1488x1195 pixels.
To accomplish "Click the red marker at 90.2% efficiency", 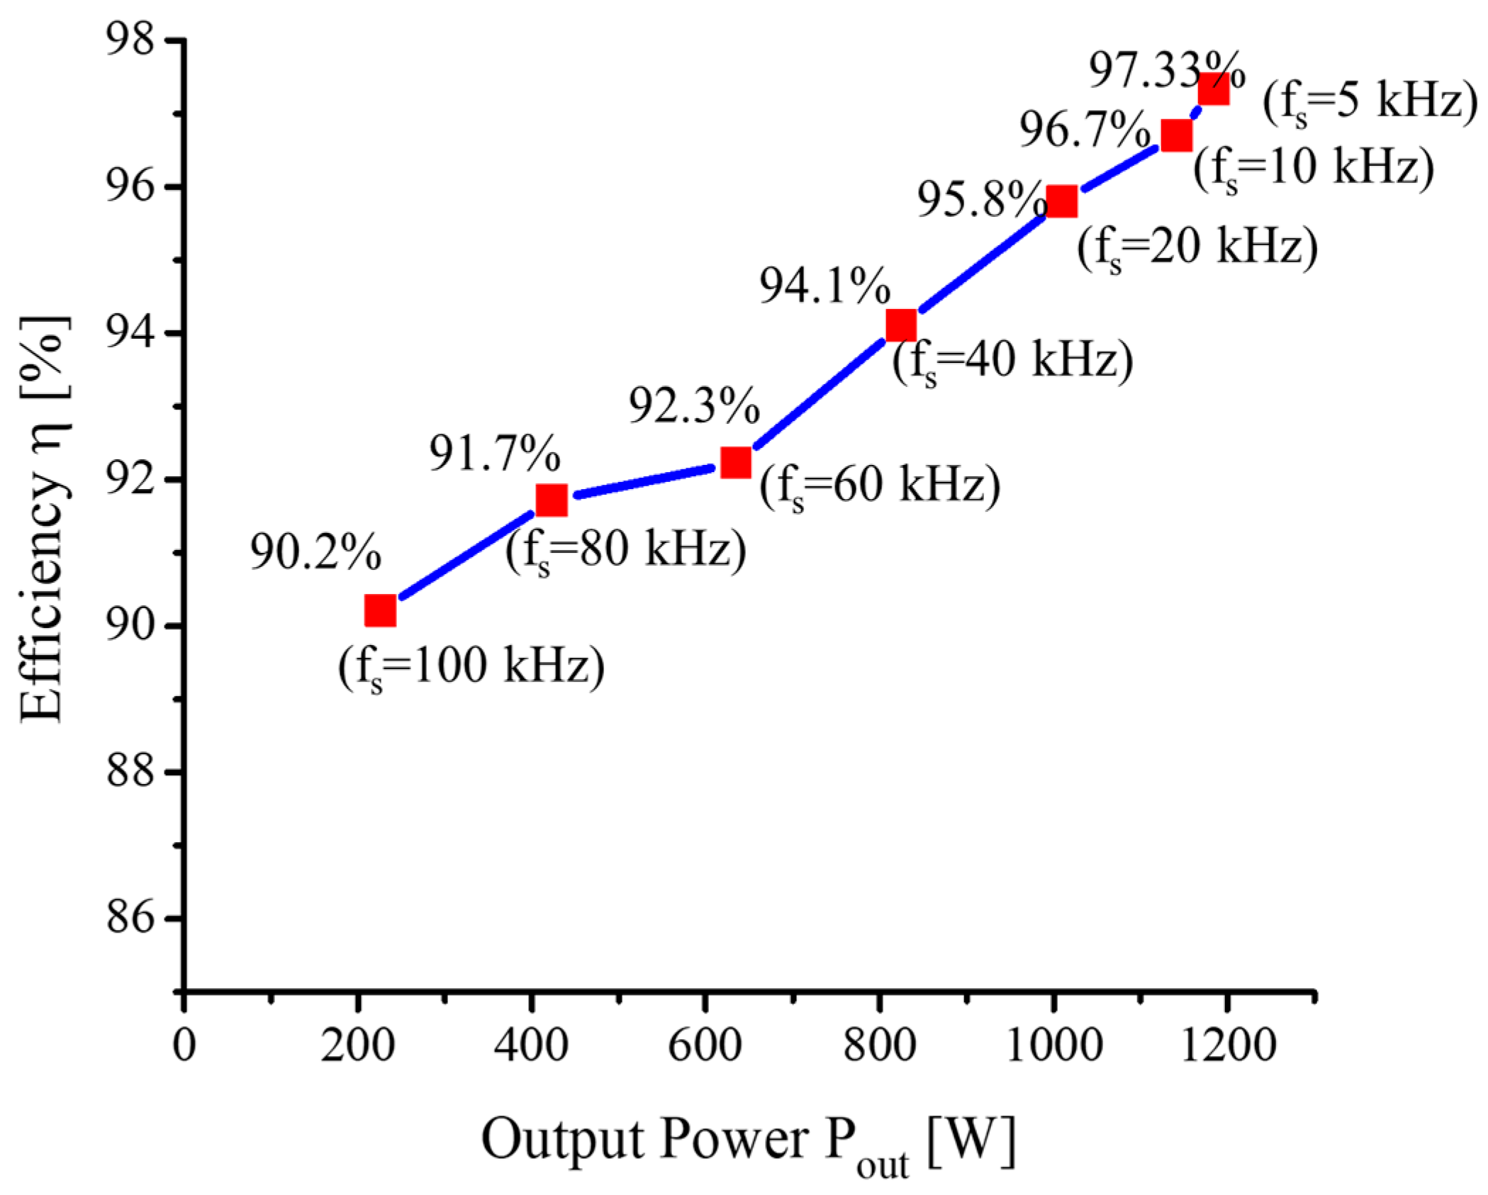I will pyautogui.click(x=380, y=610).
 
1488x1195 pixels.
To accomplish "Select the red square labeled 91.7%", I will pyautogui.click(x=552, y=500).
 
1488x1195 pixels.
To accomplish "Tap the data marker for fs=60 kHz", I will pyautogui.click(x=736, y=463).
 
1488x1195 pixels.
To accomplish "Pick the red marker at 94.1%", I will pyautogui.click(x=901, y=325).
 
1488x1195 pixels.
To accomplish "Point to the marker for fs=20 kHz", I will pyautogui.click(x=1062, y=201).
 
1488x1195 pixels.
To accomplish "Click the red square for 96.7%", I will pyautogui.click(x=1176, y=135).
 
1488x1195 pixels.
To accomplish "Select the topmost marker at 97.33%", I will pyautogui.click(x=1213, y=90).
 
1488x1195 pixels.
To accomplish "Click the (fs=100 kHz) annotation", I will pyautogui.click(x=471, y=667).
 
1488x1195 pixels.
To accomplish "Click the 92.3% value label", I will pyautogui.click(x=694, y=405).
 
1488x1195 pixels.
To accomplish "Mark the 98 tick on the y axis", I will pyautogui.click(x=130, y=40).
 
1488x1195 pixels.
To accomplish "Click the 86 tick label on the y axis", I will pyautogui.click(x=130, y=918).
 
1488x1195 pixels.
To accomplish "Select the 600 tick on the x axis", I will pyautogui.click(x=705, y=1045).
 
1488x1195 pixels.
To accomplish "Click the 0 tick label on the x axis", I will pyautogui.click(x=184, y=1045).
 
